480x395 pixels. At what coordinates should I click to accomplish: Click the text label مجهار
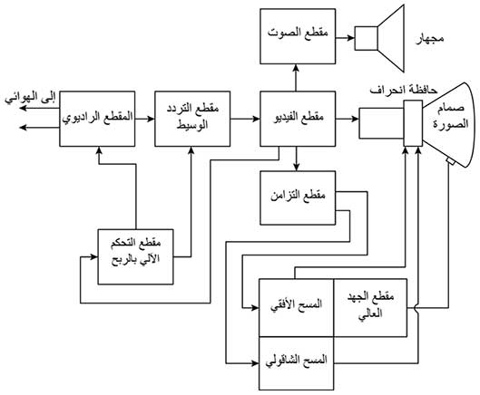click(x=430, y=39)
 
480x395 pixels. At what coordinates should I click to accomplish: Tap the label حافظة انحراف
click(x=404, y=91)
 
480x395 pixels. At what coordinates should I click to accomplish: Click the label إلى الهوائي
click(x=30, y=98)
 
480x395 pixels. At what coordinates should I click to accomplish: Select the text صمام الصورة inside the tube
click(x=450, y=117)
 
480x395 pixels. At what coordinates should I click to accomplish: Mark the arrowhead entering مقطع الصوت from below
click(x=296, y=68)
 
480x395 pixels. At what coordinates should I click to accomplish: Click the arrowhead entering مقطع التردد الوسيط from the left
click(x=151, y=119)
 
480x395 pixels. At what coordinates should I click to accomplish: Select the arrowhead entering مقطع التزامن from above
click(x=296, y=167)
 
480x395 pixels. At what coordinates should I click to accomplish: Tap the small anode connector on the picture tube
click(x=450, y=161)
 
